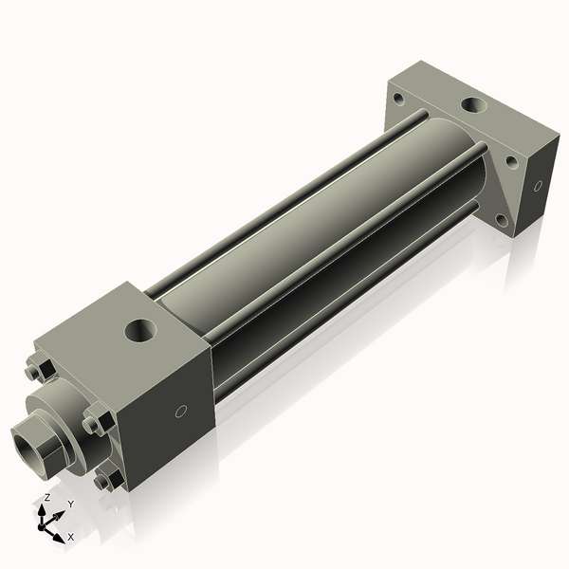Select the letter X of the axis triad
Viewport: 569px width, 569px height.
[x=70, y=537]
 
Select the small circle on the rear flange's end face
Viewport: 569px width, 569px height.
[x=538, y=186]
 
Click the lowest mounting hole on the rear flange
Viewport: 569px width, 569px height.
[x=504, y=221]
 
